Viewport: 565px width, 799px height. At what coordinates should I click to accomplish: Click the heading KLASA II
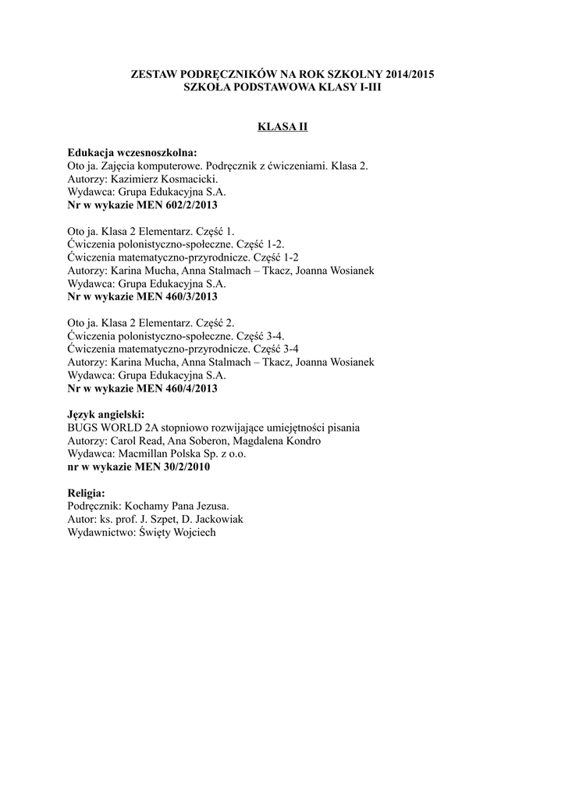coord(282,126)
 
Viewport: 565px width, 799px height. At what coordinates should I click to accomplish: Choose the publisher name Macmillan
coord(144,454)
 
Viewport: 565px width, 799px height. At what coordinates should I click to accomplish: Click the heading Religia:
coord(87,494)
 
